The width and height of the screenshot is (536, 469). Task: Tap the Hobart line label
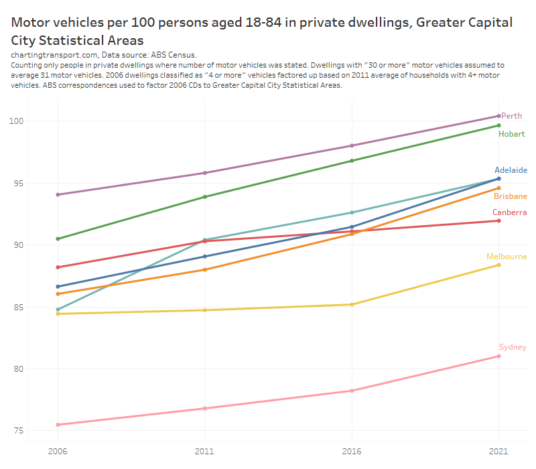click(511, 134)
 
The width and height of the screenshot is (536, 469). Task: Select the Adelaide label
click(511, 170)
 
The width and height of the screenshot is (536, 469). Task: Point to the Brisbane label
click(511, 196)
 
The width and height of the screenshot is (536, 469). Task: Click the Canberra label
click(509, 212)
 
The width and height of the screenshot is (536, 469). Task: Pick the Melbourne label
click(507, 257)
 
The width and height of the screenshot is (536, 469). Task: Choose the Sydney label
click(513, 347)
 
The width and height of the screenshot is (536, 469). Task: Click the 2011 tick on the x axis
click(204, 452)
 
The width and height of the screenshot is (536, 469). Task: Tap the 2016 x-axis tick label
click(352, 452)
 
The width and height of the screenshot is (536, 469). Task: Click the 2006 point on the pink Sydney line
click(58, 425)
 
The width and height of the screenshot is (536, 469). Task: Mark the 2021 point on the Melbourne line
click(498, 265)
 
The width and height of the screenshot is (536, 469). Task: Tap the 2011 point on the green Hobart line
click(204, 197)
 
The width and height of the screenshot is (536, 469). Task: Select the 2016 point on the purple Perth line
click(352, 145)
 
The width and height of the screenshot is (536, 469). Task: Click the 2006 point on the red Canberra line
click(58, 267)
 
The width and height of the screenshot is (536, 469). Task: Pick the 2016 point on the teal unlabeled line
click(352, 212)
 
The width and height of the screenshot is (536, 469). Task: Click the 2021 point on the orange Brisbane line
click(498, 188)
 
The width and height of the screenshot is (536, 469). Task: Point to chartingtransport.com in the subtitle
click(55, 54)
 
